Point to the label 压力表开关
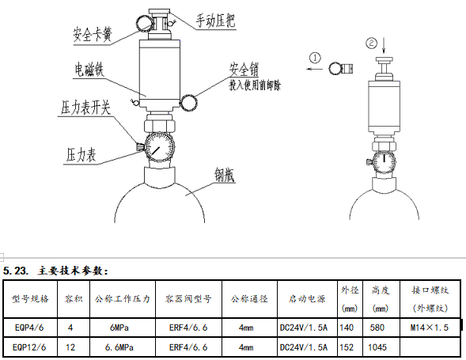coord(86,107)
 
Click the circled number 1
coord(315,58)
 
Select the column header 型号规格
coord(31,300)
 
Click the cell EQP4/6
coord(31,327)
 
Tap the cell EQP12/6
coord(31,347)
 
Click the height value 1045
coord(379,347)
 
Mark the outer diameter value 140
coord(346,327)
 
